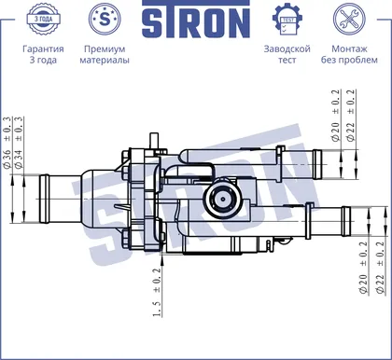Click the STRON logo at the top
click(x=196, y=19)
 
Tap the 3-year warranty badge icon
click(x=43, y=19)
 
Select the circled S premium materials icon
click(x=105, y=19)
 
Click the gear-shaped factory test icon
click(x=287, y=19)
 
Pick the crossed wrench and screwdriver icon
click(x=349, y=19)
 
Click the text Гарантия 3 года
click(x=43, y=54)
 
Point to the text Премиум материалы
click(x=105, y=54)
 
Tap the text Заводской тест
click(x=287, y=54)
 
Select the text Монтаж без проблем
click(x=349, y=54)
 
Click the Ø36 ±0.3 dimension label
click(x=7, y=143)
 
